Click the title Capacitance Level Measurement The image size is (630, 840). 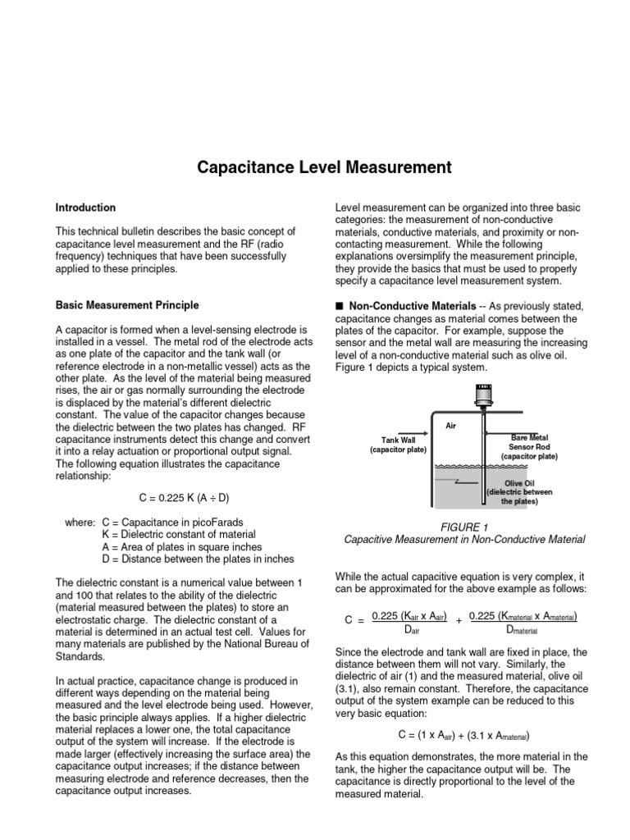pyautogui.click(x=324, y=168)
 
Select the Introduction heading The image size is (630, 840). pyautogui.click(x=85, y=208)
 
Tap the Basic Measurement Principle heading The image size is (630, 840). pyautogui.click(x=126, y=305)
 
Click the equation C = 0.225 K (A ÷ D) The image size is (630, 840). pyautogui.click(x=182, y=498)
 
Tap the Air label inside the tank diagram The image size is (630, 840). pyautogui.click(x=450, y=427)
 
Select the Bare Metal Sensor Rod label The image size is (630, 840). pyautogui.click(x=529, y=447)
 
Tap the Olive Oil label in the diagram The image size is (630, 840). pyautogui.click(x=520, y=484)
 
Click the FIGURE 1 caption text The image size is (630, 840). pyautogui.click(x=463, y=526)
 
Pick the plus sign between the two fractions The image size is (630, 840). pyautogui.click(x=459, y=622)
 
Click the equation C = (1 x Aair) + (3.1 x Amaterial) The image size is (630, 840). pyautogui.click(x=463, y=734)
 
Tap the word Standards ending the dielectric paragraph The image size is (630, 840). pyautogui.click(x=80, y=656)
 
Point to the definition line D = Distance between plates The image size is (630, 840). pyautogui.click(x=198, y=559)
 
